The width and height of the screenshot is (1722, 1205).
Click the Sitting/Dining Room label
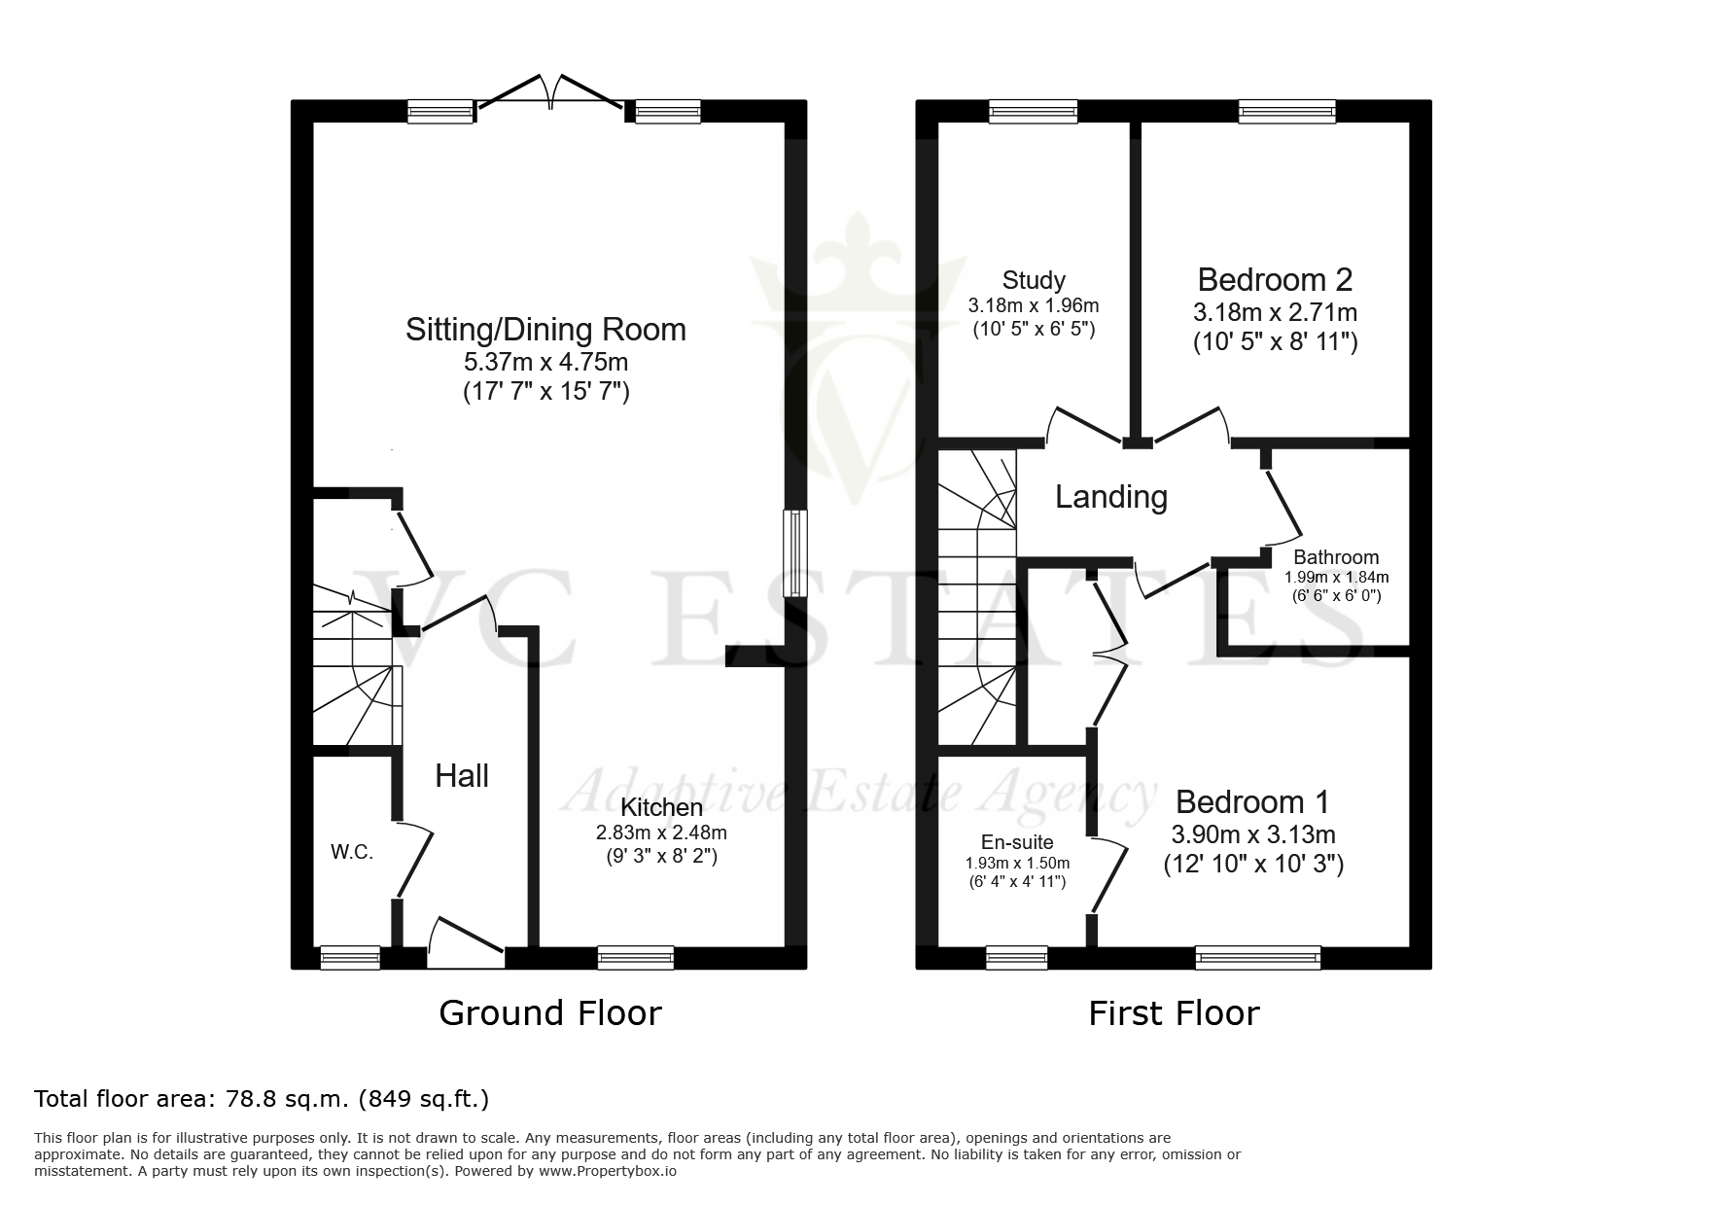(x=545, y=330)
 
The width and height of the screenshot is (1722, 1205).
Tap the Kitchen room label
(x=661, y=807)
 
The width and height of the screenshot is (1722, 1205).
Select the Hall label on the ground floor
(x=462, y=775)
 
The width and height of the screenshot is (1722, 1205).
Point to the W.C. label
(x=352, y=852)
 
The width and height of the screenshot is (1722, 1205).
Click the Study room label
(x=1034, y=281)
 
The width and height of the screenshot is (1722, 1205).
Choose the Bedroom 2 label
(x=1275, y=280)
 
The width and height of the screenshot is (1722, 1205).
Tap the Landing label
(x=1111, y=497)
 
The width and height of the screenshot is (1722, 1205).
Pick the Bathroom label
(x=1336, y=557)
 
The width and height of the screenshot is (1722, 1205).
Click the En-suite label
(x=1017, y=842)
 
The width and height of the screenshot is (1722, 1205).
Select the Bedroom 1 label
(x=1252, y=802)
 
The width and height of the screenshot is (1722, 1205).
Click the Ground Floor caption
(x=550, y=1013)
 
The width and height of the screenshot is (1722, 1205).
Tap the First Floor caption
(x=1174, y=1013)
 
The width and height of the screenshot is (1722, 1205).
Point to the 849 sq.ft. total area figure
(x=424, y=1099)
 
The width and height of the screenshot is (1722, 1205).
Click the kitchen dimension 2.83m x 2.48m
(x=661, y=833)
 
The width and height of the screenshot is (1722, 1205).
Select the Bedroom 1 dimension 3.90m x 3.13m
(x=1252, y=834)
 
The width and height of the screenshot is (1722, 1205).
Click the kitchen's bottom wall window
(x=636, y=958)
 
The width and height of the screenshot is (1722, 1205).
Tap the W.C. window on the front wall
(x=350, y=958)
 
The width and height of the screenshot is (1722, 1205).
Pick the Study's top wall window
(x=1033, y=112)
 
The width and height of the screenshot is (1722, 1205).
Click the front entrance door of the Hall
(x=467, y=942)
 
